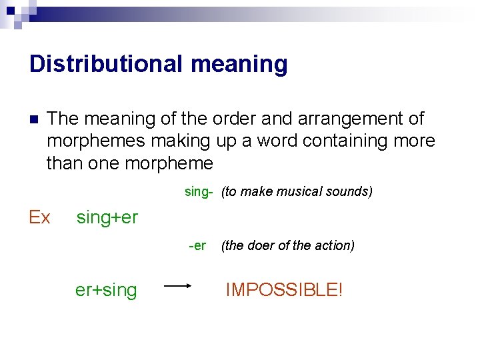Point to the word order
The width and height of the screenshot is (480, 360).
coord(239,119)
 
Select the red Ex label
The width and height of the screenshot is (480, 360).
coord(39,217)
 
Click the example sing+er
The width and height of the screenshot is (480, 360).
coord(107,217)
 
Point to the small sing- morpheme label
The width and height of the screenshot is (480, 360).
coord(199,192)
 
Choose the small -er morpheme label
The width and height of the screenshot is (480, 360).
coord(197,245)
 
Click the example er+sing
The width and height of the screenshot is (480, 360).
coord(106,290)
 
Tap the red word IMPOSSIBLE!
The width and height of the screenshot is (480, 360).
coord(284,290)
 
